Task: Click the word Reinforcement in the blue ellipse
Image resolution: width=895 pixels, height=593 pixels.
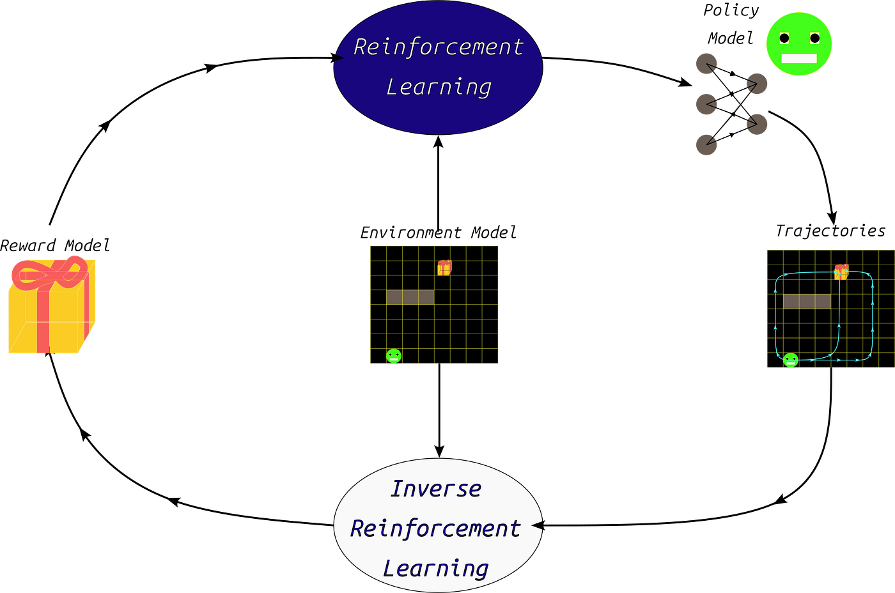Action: click(x=438, y=47)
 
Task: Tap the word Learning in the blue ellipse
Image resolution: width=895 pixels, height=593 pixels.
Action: click(x=439, y=87)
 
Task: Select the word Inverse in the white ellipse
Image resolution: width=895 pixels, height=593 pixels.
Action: click(x=435, y=489)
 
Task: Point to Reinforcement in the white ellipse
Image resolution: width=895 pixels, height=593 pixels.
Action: click(x=435, y=528)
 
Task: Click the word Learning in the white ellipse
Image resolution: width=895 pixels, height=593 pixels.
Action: click(x=435, y=568)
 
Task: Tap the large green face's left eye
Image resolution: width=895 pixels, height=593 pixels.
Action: click(x=784, y=38)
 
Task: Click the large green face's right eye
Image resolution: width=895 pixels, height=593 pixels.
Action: click(x=814, y=38)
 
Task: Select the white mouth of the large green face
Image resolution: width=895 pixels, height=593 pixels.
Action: click(x=799, y=59)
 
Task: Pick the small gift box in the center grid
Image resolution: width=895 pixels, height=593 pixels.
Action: click(x=444, y=268)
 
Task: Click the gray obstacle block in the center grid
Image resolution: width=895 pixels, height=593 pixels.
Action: click(x=410, y=297)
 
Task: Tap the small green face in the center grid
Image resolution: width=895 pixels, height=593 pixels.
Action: click(x=394, y=357)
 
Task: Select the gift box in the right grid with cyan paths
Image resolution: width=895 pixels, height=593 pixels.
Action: click(x=841, y=272)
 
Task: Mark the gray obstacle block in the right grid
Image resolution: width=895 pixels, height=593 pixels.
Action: click(x=807, y=302)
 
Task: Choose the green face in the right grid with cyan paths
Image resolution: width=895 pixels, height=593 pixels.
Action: click(x=791, y=360)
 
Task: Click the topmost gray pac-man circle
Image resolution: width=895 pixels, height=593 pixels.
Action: click(x=706, y=64)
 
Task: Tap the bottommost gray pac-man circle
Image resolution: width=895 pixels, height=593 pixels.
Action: click(x=706, y=144)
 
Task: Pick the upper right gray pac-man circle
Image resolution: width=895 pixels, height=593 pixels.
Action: click(x=757, y=84)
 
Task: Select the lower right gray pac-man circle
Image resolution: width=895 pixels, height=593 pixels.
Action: click(x=757, y=124)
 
